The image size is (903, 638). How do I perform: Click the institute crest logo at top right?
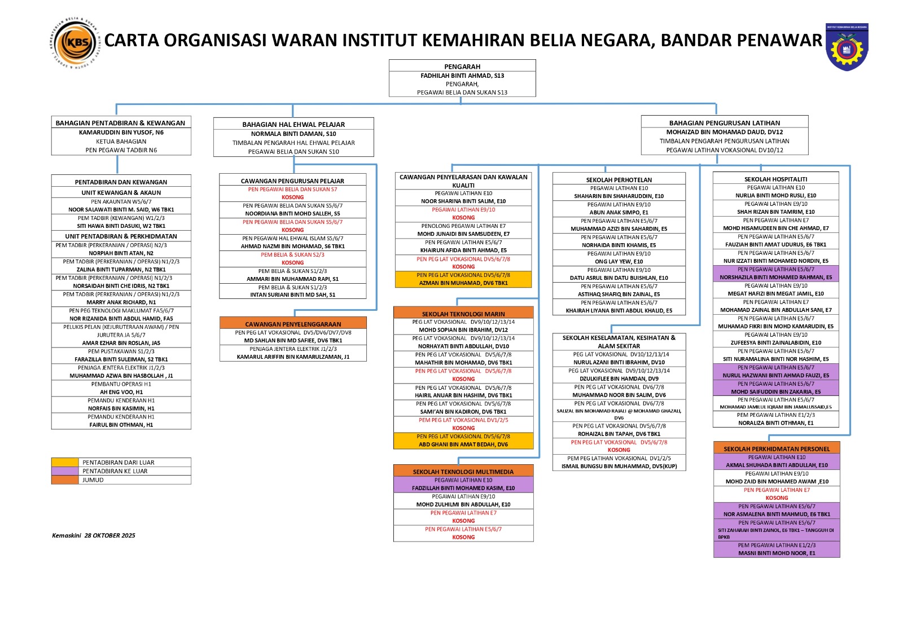click(847, 47)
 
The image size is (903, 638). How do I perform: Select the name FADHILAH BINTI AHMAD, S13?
click(462, 76)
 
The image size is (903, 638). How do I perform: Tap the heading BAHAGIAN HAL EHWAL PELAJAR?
click(293, 125)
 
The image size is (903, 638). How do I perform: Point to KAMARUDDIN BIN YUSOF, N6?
click(121, 133)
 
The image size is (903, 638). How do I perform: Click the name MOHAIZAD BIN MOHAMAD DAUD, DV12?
click(724, 132)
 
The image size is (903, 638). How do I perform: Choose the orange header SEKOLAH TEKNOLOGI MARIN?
click(463, 314)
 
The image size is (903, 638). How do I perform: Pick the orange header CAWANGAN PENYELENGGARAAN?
click(293, 324)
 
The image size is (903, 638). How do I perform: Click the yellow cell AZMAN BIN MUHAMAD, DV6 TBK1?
click(463, 283)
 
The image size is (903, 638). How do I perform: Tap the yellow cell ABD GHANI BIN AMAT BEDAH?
click(463, 445)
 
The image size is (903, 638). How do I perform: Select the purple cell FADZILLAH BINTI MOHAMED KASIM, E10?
click(463, 488)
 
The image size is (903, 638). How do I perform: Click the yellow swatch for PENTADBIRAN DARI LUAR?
click(65, 463)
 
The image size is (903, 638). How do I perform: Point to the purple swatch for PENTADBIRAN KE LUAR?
click(65, 471)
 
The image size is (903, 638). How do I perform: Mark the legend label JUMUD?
click(93, 480)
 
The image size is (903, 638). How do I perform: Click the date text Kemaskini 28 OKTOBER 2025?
click(94, 535)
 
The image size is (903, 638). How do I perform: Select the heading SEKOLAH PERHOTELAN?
click(619, 180)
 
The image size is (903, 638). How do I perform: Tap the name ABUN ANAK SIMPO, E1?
click(619, 213)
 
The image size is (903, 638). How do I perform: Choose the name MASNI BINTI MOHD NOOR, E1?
click(777, 553)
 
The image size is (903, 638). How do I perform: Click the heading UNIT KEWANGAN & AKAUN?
click(121, 192)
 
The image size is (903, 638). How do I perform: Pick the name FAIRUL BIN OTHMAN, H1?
click(121, 425)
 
